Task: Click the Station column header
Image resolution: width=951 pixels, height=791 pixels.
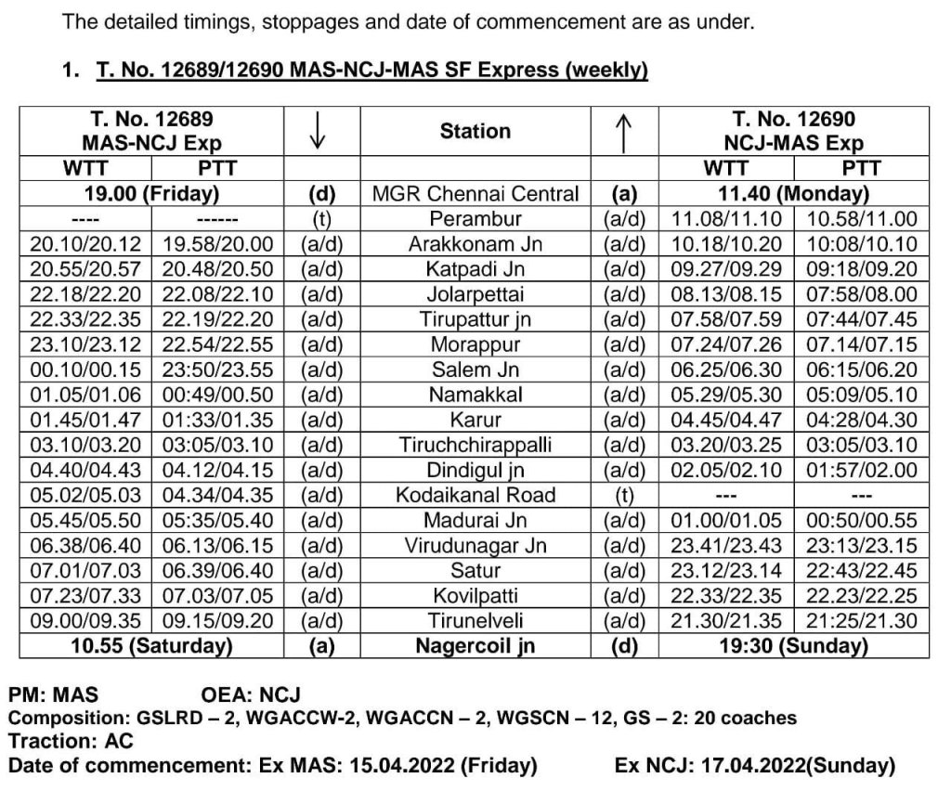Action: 475,131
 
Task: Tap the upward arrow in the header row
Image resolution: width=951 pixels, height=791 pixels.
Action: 625,132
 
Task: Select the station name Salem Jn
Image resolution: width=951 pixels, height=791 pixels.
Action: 475,370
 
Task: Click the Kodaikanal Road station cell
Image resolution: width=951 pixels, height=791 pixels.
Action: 475,495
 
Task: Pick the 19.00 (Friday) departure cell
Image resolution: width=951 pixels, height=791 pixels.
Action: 151,194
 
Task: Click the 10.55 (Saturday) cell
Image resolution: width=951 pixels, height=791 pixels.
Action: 151,645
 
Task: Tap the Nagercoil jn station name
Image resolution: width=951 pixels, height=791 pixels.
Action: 475,645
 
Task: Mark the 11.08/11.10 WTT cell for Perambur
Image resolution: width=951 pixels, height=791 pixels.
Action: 726,219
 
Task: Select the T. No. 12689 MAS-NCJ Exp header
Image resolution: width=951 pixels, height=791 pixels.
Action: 151,131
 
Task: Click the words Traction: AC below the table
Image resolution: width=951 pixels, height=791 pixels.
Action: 71,741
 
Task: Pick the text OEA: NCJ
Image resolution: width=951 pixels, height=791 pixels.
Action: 251,694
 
